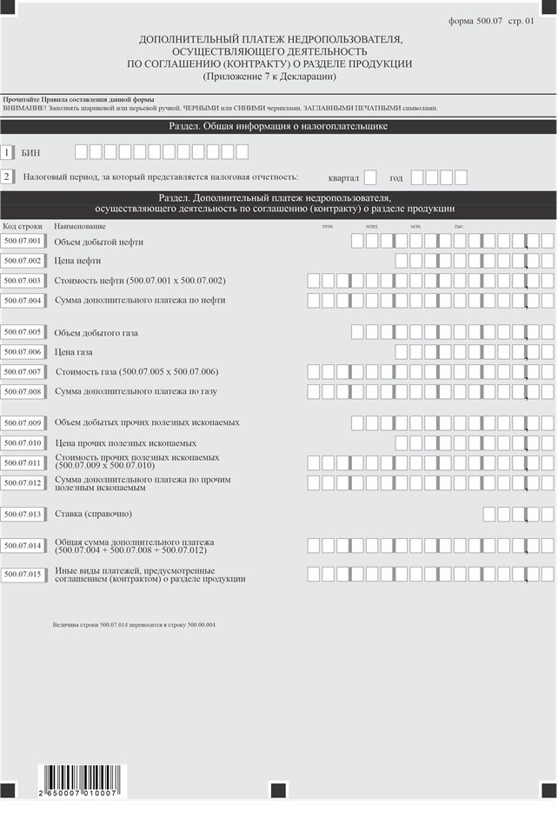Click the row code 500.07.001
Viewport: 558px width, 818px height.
click(x=23, y=241)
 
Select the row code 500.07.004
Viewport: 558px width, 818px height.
click(x=23, y=300)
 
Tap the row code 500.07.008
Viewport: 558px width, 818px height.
click(x=23, y=391)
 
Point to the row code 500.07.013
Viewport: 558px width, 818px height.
click(x=23, y=514)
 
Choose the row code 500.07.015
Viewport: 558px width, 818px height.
click(x=23, y=574)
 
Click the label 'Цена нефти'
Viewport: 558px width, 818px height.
click(x=77, y=260)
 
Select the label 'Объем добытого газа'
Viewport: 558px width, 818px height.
click(x=96, y=332)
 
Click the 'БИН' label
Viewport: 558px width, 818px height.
click(x=30, y=153)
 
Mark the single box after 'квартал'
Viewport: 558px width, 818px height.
click(x=370, y=177)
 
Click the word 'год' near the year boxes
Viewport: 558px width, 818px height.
click(x=396, y=178)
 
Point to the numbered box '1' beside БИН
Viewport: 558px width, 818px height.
click(x=8, y=153)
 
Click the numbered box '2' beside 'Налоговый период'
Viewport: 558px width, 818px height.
click(x=8, y=177)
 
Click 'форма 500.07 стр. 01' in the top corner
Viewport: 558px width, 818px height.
click(x=491, y=20)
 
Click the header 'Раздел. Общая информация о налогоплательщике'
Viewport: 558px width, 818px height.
click(x=278, y=127)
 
